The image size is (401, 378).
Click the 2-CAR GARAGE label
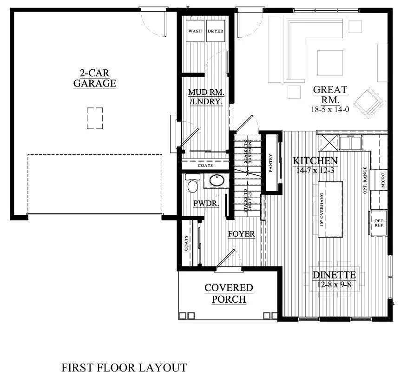94,78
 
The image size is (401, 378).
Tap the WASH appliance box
195,32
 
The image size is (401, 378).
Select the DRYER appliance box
216,32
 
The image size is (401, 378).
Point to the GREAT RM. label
330,94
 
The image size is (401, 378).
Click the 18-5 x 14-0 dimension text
330,110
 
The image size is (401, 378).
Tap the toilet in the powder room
193,185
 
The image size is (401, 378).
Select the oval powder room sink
216,180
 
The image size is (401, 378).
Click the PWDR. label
206,204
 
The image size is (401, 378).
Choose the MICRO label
382,180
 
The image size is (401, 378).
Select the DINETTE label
334,274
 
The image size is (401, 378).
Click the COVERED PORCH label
229,293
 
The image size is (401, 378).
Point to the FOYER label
241,234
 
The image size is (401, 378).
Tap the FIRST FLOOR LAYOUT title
124,368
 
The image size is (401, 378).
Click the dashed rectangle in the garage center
95,118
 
